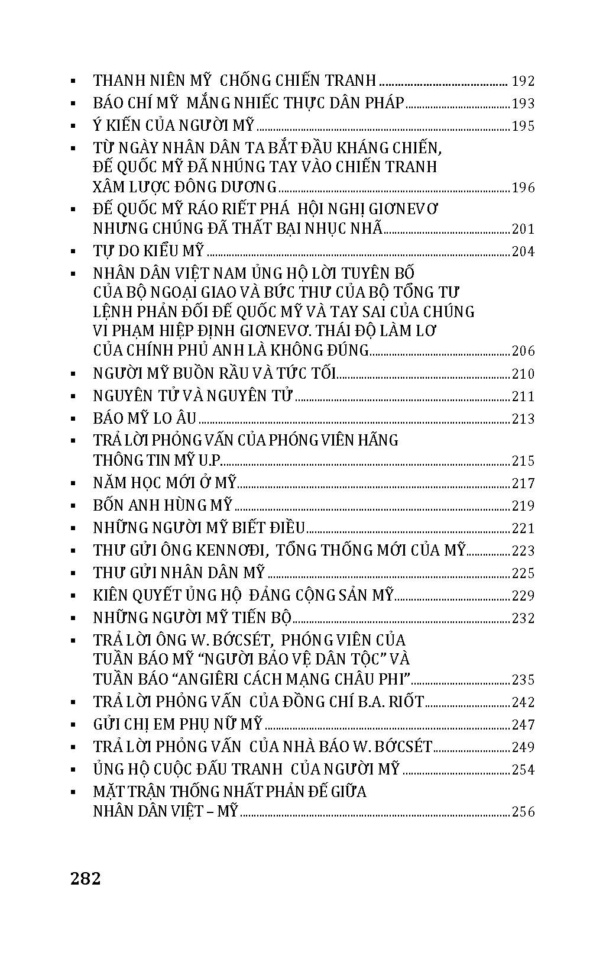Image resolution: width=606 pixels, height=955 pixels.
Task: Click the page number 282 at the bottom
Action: coord(86,879)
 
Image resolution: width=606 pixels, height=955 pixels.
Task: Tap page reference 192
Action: coord(523,81)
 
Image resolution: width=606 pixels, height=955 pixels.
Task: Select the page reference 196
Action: coord(523,188)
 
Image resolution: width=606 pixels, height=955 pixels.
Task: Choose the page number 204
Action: coord(523,252)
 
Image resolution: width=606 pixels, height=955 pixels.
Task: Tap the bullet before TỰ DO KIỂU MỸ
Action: coord(73,252)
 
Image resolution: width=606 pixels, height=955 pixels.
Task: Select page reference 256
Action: coord(523,812)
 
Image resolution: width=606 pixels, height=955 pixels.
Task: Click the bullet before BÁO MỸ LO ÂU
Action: coord(73,419)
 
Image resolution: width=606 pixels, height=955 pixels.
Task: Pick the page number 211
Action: coord(523,396)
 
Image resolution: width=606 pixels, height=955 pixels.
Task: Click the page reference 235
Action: coord(523,680)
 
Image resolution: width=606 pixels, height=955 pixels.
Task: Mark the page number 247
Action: coord(523,725)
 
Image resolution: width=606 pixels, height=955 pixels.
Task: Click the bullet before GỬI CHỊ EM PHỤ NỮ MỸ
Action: coord(73,725)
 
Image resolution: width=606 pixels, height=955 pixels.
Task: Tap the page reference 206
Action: coord(523,351)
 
